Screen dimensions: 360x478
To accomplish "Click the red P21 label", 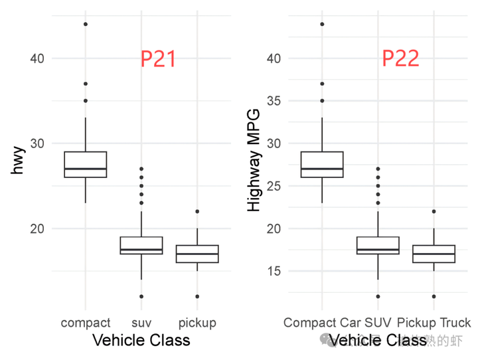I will pyautogui.click(x=158, y=59).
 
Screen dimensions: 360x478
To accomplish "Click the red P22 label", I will pyautogui.click(x=400, y=59).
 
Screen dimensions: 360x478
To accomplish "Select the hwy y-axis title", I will pyautogui.click(x=18, y=161).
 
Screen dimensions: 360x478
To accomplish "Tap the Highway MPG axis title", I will pyautogui.click(x=254, y=161).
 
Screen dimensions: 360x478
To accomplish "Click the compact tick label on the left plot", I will pyautogui.click(x=86, y=323).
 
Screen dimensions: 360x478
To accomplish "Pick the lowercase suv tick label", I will pyautogui.click(x=141, y=323).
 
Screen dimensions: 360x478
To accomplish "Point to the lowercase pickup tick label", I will pyautogui.click(x=197, y=323).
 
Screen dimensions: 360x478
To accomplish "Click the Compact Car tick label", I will pyautogui.click(x=322, y=323).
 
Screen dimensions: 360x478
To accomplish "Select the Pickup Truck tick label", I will pyautogui.click(x=434, y=323).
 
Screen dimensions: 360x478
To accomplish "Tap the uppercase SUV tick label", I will pyautogui.click(x=378, y=323).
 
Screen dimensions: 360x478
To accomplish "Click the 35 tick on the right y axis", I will pyautogui.click(x=273, y=101).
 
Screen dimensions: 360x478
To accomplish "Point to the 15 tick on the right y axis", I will pyautogui.click(x=273, y=271).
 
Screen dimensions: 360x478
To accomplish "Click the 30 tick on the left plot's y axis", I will pyautogui.click(x=37, y=143).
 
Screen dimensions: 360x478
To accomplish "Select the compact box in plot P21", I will pyautogui.click(x=85, y=165).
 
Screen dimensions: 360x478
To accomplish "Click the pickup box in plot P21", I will pyautogui.click(x=197, y=254).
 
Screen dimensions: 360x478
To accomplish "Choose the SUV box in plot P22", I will pyautogui.click(x=378, y=245).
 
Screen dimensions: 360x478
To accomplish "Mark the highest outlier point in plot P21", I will pyautogui.click(x=85, y=25).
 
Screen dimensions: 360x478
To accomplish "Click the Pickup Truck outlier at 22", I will pyautogui.click(x=434, y=211).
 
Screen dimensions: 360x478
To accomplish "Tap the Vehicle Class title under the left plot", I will pyautogui.click(x=141, y=341).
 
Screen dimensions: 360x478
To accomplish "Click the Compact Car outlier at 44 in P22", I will pyautogui.click(x=322, y=25).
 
